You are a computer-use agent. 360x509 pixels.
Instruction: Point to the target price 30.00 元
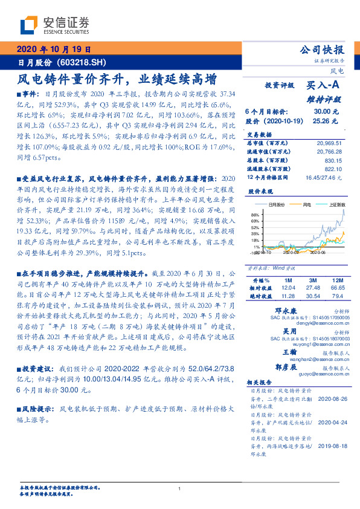point(322,111)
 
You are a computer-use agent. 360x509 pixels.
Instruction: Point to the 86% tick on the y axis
point(254,215)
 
